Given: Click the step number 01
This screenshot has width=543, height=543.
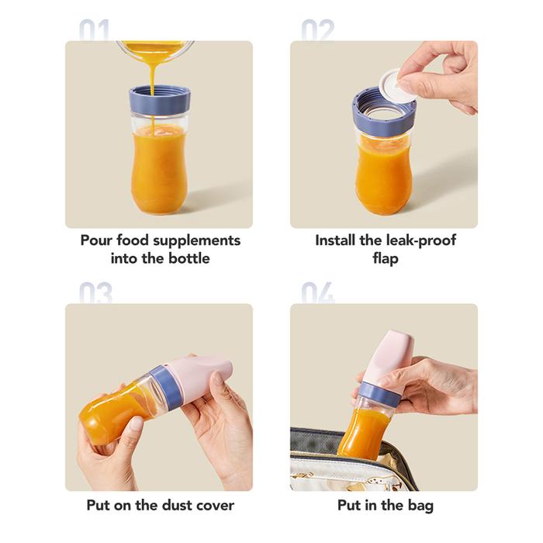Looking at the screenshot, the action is (x=94, y=30).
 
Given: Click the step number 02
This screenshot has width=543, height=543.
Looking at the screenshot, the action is (x=318, y=30).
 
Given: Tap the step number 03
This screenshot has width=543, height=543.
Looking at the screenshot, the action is (x=95, y=293).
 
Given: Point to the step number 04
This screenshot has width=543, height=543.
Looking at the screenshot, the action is (x=318, y=293).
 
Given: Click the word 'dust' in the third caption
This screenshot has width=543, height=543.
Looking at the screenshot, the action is (x=178, y=505).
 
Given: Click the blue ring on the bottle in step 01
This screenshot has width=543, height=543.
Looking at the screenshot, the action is (x=160, y=100).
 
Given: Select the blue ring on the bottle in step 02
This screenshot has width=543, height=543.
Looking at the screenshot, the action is (x=383, y=112).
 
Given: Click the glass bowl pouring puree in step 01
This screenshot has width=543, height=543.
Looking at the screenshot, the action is (x=155, y=50).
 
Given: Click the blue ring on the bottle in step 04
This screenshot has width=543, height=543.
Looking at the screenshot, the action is (x=378, y=391).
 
